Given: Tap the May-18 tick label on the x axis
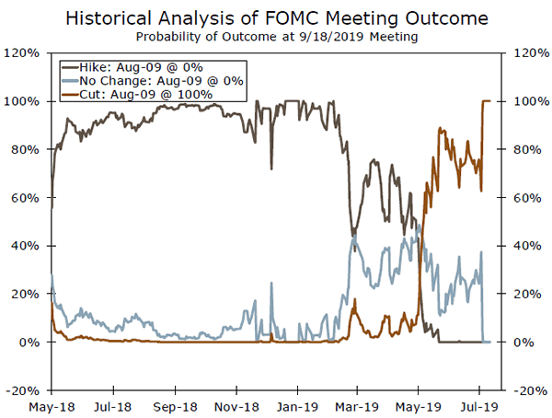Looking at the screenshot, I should click(52, 404).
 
